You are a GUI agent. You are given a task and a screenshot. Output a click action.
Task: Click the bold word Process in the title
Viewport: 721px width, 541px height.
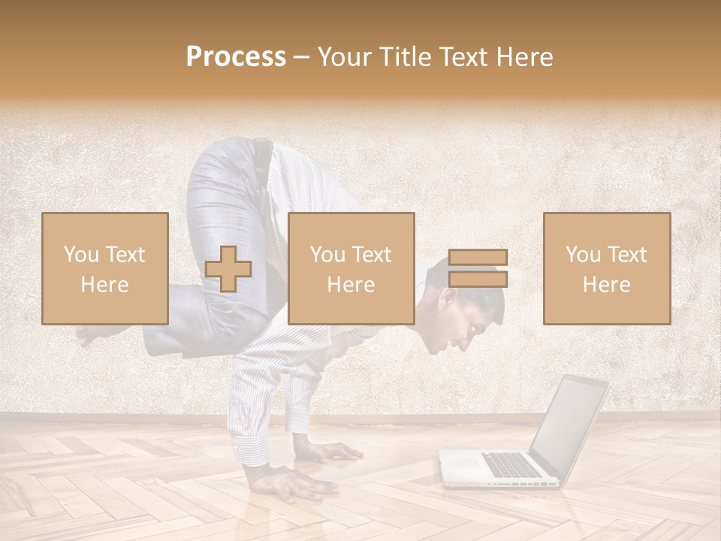(236, 57)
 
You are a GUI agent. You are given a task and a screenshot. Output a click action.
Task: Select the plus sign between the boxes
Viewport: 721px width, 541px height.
(228, 269)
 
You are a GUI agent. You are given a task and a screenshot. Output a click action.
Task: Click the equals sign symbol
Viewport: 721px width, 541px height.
(478, 269)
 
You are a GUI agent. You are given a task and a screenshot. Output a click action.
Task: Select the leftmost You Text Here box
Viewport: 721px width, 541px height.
(105, 269)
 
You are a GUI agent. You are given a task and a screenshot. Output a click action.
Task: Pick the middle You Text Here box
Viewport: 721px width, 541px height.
(351, 269)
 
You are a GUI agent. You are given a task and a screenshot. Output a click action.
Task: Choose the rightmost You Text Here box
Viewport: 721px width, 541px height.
(607, 269)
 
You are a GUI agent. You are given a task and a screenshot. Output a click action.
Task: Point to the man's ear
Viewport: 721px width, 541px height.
(448, 301)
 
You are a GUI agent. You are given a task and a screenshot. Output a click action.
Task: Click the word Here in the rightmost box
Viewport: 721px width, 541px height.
(607, 285)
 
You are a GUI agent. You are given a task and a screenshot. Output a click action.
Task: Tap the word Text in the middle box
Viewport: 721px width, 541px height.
(372, 255)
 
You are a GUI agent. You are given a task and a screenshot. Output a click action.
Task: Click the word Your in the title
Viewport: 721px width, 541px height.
(342, 57)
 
